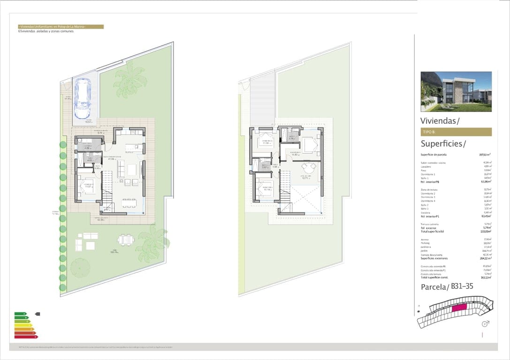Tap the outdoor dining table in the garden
coord(125,240)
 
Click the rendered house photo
coord(456,91)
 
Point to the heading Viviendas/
coord(440,121)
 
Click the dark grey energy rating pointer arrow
coord(38,314)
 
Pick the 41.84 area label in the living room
coord(112,158)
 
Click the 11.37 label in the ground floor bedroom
coord(88,186)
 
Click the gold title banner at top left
coord(60,27)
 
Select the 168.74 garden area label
coord(113,251)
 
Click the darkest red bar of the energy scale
coord(26,337)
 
